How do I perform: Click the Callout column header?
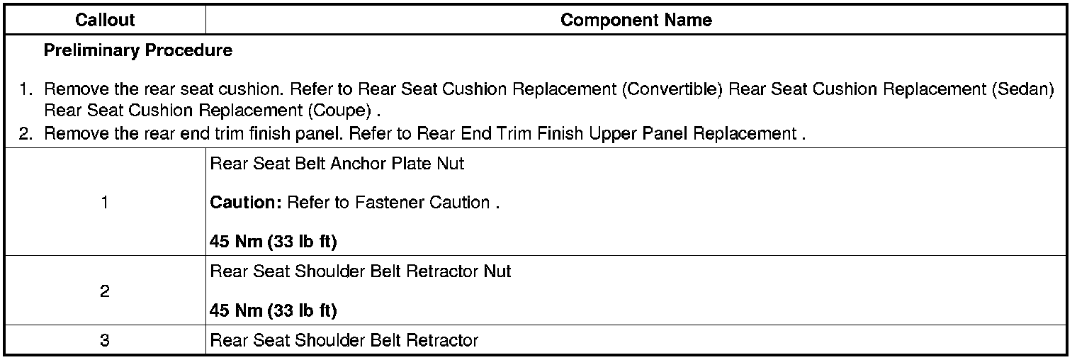105,20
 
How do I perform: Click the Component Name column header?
636,20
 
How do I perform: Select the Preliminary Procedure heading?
137,51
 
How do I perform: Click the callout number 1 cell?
105,203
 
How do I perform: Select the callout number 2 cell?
105,291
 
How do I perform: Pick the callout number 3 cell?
105,341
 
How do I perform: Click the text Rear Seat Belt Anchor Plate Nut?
337,164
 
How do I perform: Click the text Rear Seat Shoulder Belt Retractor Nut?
361,271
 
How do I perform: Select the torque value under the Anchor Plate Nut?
274,242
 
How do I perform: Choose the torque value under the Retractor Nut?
274,311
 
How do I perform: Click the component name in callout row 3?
344,341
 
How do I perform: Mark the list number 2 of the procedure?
26,134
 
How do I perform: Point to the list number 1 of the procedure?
26,91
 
